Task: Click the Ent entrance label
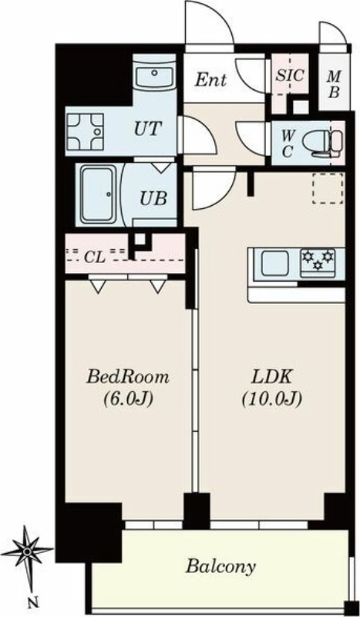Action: click(211, 80)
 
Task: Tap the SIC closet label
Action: click(290, 75)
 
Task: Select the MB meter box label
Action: click(334, 84)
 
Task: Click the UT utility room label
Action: click(147, 129)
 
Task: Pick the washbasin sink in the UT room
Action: click(154, 73)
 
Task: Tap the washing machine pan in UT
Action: click(85, 132)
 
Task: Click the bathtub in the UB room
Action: click(99, 194)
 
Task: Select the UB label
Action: click(153, 198)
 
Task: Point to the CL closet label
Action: click(95, 258)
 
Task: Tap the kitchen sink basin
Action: click(274, 263)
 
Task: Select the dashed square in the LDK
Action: click(328, 188)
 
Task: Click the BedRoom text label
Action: click(128, 377)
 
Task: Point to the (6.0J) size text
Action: click(128, 400)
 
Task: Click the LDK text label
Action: click(271, 377)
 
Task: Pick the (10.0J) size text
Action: click(271, 400)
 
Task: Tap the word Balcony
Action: click(220, 567)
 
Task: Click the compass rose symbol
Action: click(27, 551)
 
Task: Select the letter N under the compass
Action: click(35, 602)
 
